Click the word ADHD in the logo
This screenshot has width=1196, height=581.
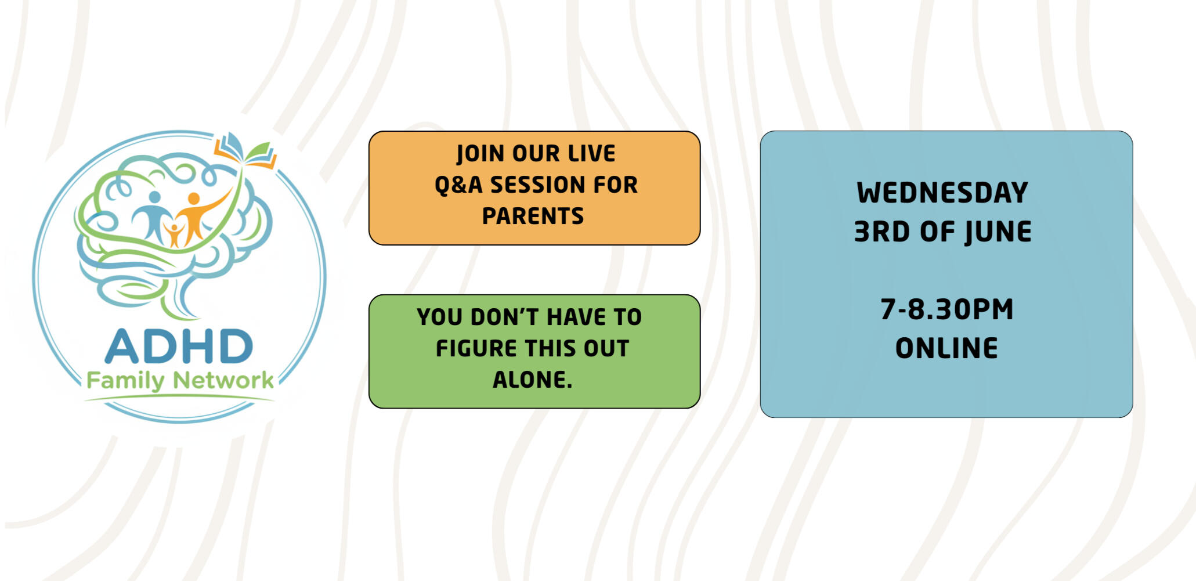[179, 347]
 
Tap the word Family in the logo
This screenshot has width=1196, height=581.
[125, 381]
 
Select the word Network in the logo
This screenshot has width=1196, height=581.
[223, 381]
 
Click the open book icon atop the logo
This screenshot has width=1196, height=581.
[245, 150]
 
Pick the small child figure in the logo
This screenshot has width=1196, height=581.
[174, 234]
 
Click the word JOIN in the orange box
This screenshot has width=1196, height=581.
[480, 154]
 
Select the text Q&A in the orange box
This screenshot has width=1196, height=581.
[458, 185]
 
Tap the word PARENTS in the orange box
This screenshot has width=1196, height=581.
[533, 216]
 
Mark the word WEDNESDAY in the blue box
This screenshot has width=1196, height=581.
[942, 193]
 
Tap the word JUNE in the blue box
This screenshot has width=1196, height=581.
[998, 232]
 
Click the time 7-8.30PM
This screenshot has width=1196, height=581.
[946, 309]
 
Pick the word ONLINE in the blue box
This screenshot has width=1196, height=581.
[946, 348]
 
